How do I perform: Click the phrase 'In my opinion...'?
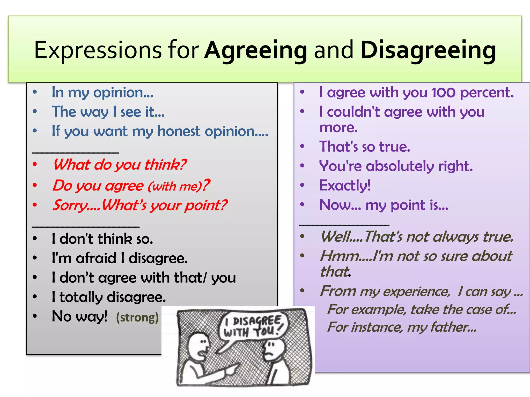click(x=102, y=93)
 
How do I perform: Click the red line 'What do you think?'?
click(x=120, y=165)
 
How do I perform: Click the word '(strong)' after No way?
click(x=137, y=317)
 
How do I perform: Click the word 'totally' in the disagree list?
click(x=81, y=297)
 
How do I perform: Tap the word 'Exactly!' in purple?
click(x=345, y=185)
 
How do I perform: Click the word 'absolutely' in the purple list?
click(x=400, y=166)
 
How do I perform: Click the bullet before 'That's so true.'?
click(x=302, y=146)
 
